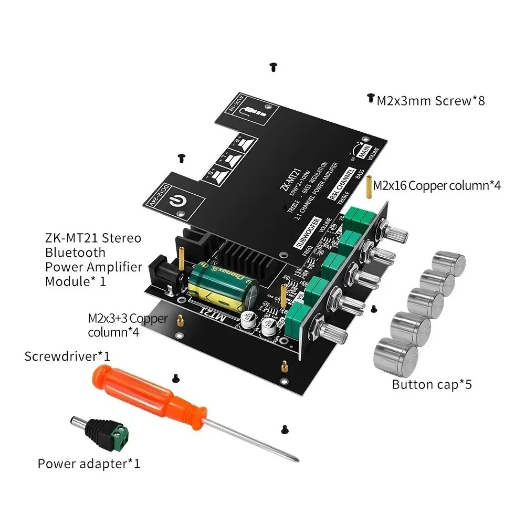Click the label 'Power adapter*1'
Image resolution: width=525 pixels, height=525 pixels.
(x=89, y=464)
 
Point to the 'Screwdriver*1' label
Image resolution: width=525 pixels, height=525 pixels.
(x=67, y=356)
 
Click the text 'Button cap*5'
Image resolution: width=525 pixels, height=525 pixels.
(x=432, y=384)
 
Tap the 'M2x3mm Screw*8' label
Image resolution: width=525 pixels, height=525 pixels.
(x=430, y=100)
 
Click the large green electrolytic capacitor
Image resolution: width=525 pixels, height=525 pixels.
(x=224, y=286)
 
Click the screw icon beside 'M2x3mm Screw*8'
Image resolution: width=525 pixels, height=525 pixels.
(x=370, y=98)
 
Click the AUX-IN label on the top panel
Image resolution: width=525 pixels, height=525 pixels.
(x=230, y=105)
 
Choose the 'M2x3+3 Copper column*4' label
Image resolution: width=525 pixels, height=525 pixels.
(x=127, y=325)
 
